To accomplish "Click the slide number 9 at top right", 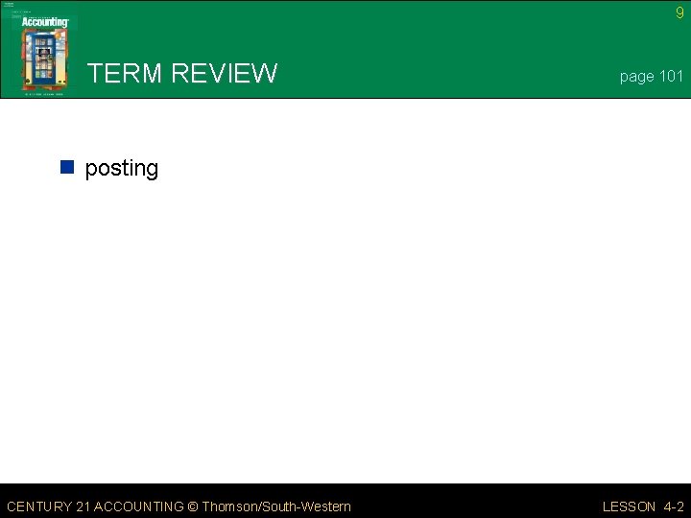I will tap(679, 12).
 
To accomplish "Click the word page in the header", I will tap(636, 77).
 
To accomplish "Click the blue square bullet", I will tap(67, 168).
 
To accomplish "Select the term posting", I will tap(122, 169).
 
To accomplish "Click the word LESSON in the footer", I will tap(629, 506).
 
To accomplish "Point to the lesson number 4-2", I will tap(674, 506).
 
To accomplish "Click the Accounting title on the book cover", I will tap(45, 22).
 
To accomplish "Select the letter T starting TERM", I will tap(95, 74).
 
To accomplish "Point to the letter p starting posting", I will tap(92, 170).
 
